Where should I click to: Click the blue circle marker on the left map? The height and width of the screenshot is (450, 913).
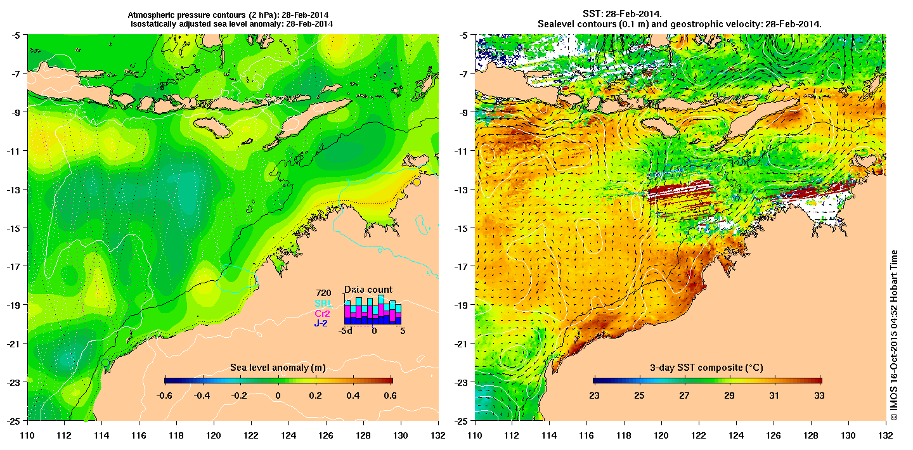point(105,363)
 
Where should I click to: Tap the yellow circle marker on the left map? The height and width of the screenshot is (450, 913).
point(417,183)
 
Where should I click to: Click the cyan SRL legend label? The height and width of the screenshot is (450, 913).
point(323,304)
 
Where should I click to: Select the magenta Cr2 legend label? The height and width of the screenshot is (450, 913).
point(323,313)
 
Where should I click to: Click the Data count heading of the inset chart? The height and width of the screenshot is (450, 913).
point(368,290)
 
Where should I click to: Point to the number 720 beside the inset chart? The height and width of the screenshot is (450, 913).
point(324,293)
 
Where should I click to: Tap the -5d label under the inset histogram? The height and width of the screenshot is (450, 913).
point(345,330)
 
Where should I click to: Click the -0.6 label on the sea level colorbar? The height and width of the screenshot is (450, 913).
point(165,395)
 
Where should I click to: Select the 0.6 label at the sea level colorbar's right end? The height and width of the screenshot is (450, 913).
point(390,395)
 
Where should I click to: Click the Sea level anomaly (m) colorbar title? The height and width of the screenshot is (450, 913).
point(278,368)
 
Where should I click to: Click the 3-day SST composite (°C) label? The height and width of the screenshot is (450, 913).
point(707,368)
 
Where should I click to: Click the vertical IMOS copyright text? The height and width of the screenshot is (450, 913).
point(895,336)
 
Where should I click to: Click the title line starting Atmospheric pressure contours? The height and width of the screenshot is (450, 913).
point(232,14)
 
